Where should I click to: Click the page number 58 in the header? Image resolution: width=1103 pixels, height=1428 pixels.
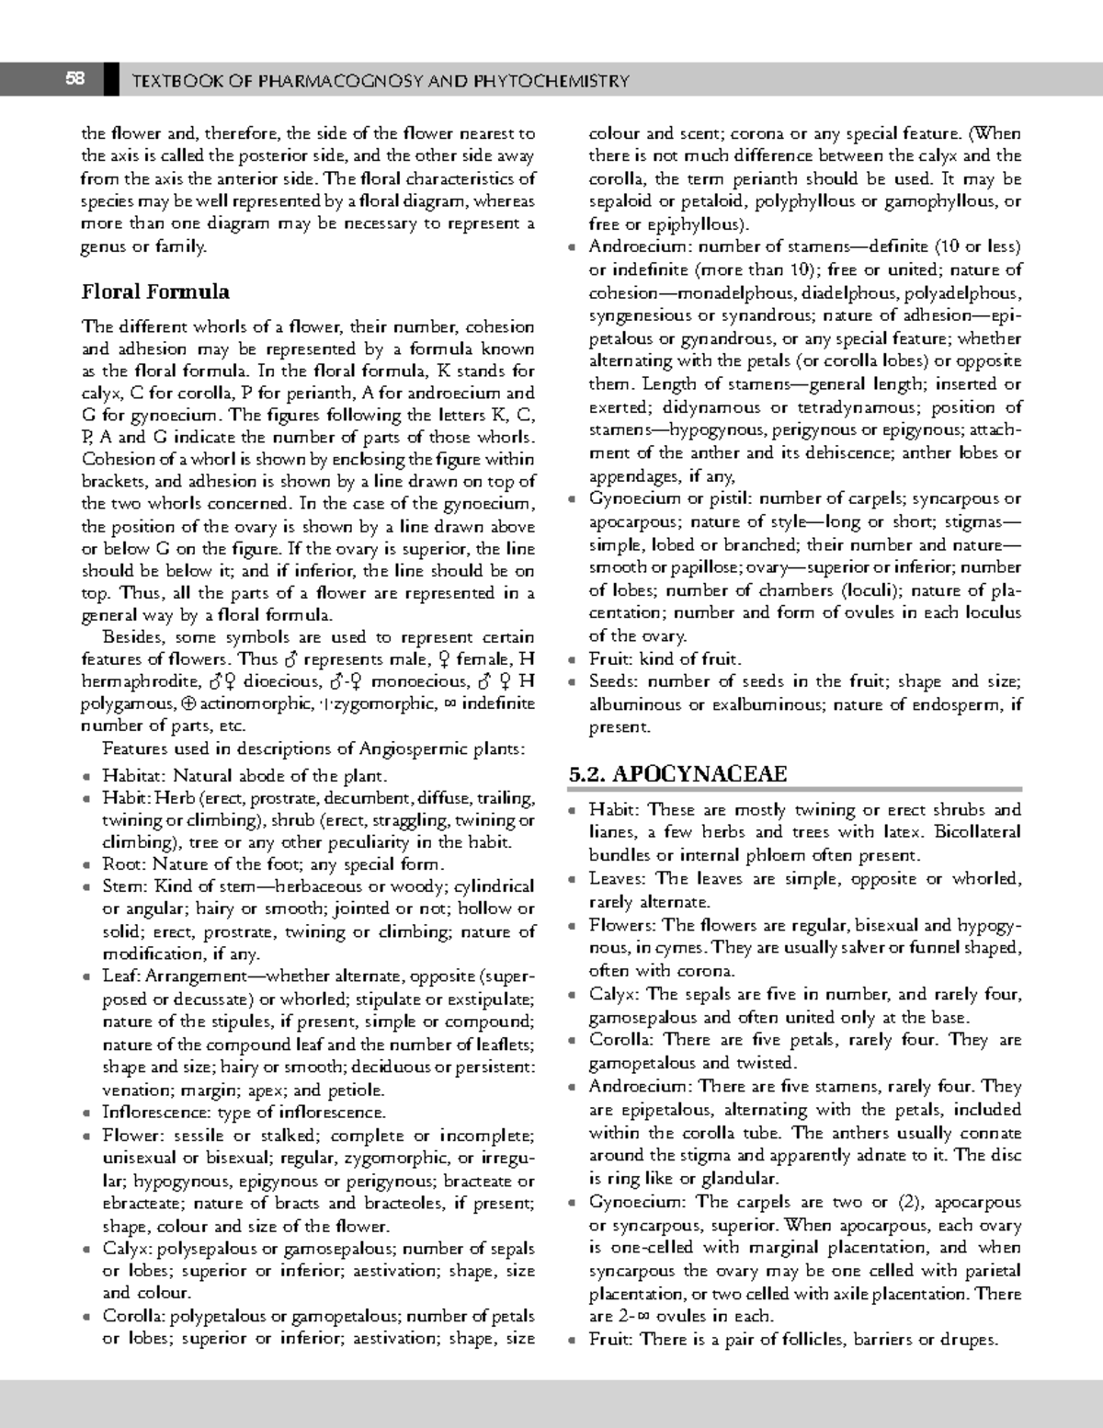(x=74, y=79)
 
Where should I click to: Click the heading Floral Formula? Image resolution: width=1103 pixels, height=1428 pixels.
(x=155, y=291)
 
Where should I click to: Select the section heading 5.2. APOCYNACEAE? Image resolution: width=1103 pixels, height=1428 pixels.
(x=678, y=773)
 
